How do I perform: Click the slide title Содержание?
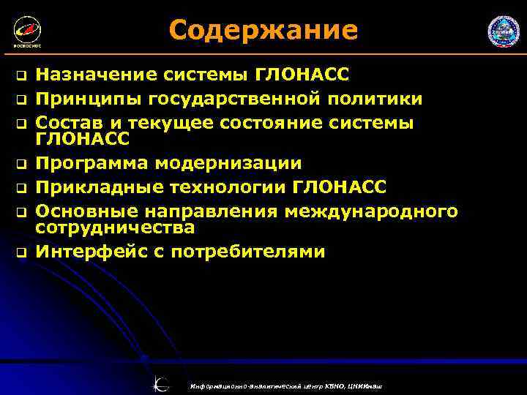(263, 31)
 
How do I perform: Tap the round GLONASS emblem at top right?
(503, 32)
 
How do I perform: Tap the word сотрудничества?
(116, 227)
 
